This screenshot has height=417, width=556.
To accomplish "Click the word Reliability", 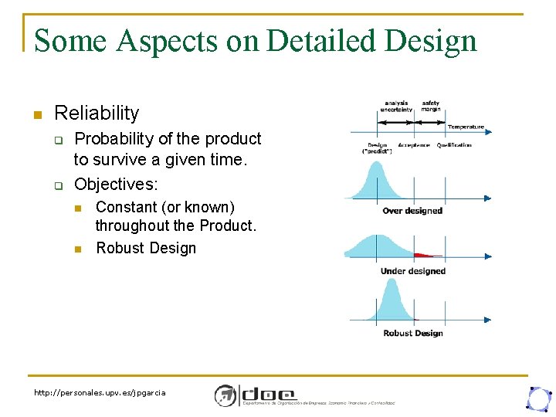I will point(97,114).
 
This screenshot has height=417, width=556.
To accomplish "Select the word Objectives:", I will point(116,185).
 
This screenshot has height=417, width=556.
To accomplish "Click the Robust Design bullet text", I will point(146,248).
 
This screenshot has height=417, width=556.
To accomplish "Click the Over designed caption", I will point(412,211).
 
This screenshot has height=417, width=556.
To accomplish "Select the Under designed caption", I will point(412,271).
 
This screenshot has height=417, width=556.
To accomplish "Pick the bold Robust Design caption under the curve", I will point(412,333).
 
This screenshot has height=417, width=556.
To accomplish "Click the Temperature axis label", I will point(466,127).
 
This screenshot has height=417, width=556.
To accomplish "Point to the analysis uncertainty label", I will point(396,107).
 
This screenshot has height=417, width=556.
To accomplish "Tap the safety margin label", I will point(431,107).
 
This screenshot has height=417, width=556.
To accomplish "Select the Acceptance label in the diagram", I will point(415,145).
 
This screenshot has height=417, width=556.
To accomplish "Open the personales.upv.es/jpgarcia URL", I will point(100,393).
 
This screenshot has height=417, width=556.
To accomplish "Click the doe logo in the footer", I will point(255,395).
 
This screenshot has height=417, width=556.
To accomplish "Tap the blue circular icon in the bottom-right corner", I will point(537,398).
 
